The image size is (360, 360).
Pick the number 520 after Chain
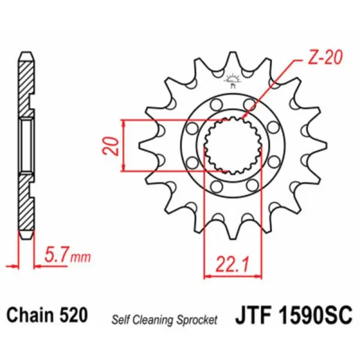[x=74, y=316]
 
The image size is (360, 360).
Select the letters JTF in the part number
[x=255, y=315]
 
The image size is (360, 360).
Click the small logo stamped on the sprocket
[x=232, y=79]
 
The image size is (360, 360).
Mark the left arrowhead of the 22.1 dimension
[x=208, y=277]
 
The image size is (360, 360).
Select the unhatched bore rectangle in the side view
[x=26, y=145]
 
